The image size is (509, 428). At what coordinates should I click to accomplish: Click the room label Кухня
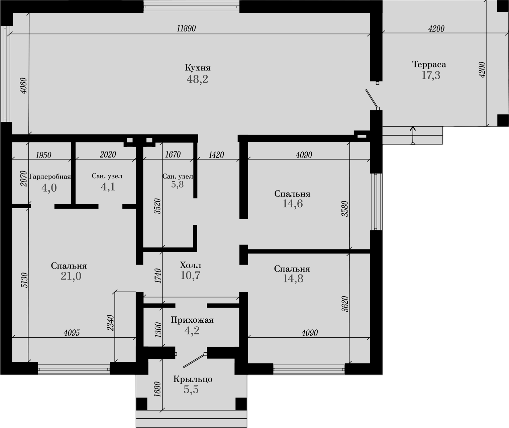click(x=198, y=68)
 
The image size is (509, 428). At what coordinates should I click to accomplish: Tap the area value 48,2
click(x=197, y=79)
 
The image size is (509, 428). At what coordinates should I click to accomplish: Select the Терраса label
click(x=429, y=64)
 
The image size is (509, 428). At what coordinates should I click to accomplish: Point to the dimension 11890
click(x=186, y=28)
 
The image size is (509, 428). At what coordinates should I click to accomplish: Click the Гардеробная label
click(x=50, y=177)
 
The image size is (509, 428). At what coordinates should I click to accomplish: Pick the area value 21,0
click(x=71, y=276)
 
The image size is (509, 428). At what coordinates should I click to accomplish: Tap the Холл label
click(x=190, y=265)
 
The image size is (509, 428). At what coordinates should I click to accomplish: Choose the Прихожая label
click(x=192, y=320)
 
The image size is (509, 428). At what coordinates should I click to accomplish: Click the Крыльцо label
click(x=193, y=379)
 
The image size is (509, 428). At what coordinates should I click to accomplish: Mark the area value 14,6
click(x=293, y=204)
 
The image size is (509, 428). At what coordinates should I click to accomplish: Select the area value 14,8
click(x=293, y=279)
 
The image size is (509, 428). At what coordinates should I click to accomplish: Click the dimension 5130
click(x=24, y=280)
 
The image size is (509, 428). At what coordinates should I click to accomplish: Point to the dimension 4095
click(x=72, y=333)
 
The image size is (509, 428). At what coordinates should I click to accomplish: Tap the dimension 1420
click(x=216, y=155)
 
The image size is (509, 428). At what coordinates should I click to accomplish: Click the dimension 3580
click(x=345, y=209)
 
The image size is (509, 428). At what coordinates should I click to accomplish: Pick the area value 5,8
click(x=177, y=184)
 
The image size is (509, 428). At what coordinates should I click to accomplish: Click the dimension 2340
click(x=111, y=323)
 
